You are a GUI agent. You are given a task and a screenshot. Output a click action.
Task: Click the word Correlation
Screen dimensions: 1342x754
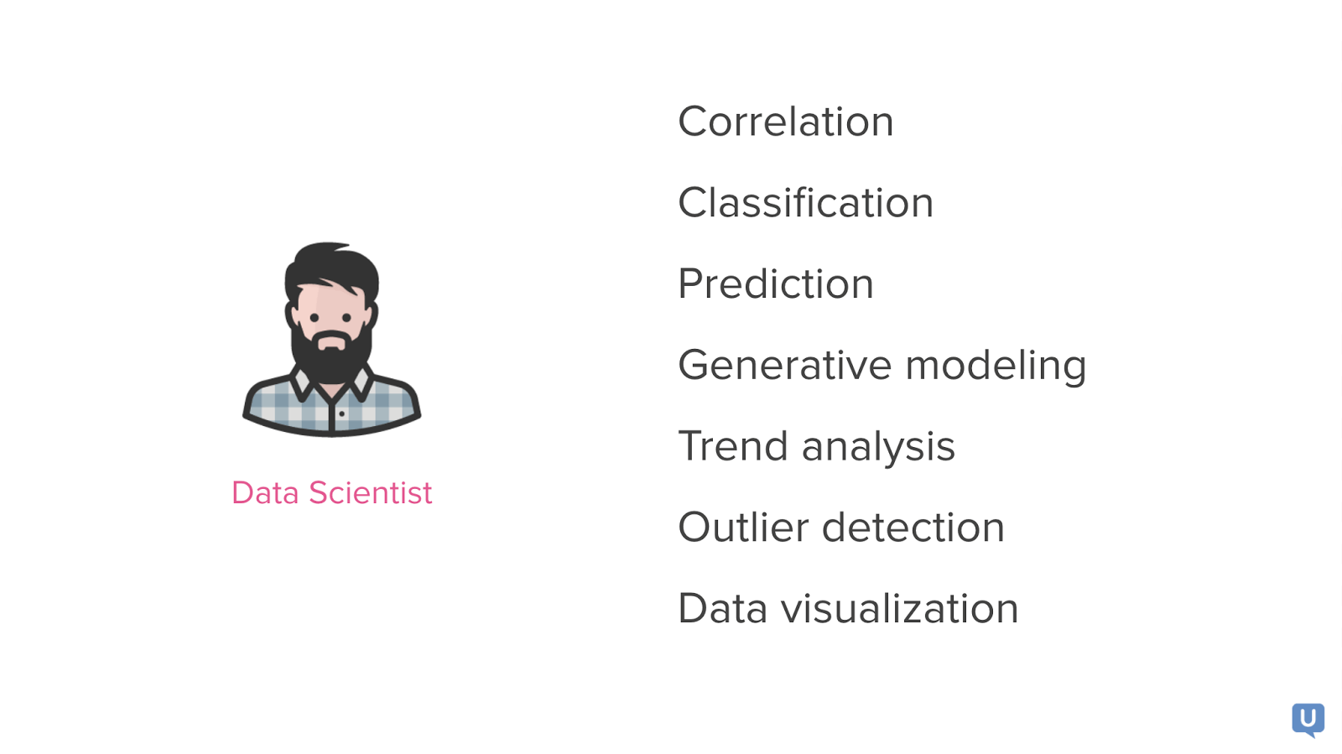785,122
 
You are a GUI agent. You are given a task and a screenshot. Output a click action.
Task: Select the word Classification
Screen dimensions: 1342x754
806,202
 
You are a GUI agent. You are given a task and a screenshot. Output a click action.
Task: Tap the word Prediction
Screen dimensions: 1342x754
776,283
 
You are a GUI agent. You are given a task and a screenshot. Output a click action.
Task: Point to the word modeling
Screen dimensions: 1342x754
996,366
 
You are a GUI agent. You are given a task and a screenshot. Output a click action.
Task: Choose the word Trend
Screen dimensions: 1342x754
733,446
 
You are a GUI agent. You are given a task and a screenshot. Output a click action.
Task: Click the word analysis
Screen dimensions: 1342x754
878,448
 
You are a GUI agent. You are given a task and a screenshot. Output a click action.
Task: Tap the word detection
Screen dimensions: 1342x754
913,527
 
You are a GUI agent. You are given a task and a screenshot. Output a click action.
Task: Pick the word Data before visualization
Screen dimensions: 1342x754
722,608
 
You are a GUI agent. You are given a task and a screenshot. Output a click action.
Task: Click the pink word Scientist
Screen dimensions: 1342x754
370,493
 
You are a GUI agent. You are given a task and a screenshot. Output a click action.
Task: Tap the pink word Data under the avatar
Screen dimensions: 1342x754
265,493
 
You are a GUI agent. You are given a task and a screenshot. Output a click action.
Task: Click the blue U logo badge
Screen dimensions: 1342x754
1308,720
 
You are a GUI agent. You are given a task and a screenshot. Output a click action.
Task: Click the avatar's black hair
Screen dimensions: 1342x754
331,268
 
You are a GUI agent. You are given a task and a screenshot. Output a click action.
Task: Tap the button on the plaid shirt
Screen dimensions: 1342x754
341,413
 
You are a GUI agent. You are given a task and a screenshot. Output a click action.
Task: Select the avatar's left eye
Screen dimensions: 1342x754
315,317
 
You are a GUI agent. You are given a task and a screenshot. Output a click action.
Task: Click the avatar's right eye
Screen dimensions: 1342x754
347,317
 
